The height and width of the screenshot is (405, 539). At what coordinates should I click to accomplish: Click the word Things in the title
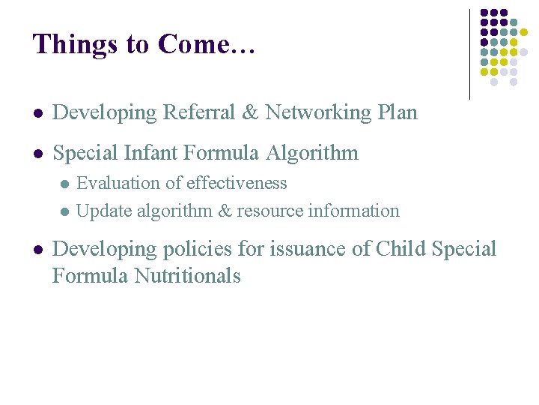pyautogui.click(x=73, y=44)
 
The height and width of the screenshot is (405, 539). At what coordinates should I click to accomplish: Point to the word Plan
pyautogui.click(x=397, y=112)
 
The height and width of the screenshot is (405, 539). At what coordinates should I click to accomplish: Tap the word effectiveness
pyautogui.click(x=238, y=183)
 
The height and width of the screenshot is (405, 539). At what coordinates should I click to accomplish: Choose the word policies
pyautogui.click(x=194, y=248)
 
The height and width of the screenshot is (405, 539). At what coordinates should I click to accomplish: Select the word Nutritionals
pyautogui.click(x=187, y=275)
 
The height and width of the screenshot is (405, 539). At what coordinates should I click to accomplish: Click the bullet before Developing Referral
pyautogui.click(x=37, y=114)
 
